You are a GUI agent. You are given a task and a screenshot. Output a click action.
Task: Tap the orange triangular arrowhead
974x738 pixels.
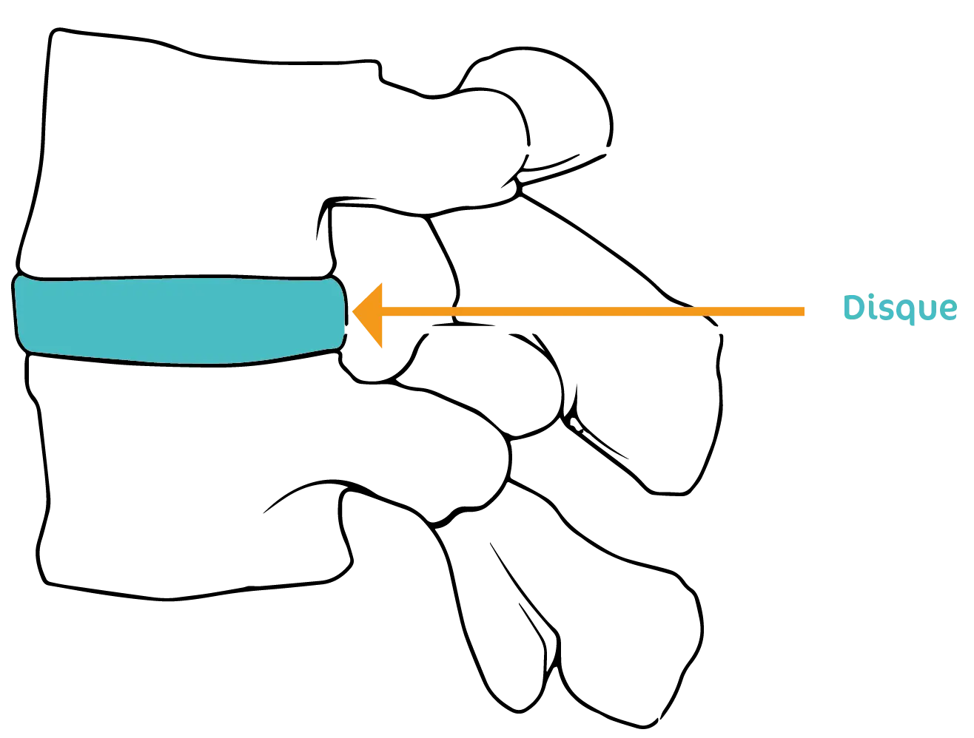pyautogui.click(x=371, y=313)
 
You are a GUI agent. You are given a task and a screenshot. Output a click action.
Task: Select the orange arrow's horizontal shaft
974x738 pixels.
pyautogui.click(x=592, y=312)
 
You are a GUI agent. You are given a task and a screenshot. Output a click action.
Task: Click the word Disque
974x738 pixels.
pyautogui.click(x=900, y=308)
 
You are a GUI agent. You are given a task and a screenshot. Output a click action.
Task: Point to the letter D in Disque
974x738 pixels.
pyautogui.click(x=855, y=307)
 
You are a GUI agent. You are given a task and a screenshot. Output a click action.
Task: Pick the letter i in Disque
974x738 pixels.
pyautogui.click(x=874, y=308)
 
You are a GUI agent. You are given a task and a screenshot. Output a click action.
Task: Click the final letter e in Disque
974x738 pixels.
pyautogui.click(x=948, y=310)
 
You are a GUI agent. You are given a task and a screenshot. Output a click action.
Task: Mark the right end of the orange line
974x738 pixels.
pyautogui.click(x=804, y=312)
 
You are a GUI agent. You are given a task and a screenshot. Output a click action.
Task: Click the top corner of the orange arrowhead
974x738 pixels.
pyautogui.click(x=382, y=282)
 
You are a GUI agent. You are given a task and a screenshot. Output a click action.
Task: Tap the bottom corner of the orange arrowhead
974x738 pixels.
pyautogui.click(x=382, y=347)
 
